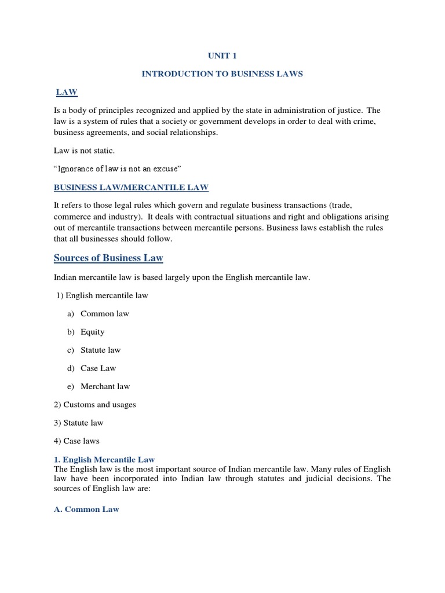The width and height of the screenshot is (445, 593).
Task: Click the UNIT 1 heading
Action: (x=222, y=56)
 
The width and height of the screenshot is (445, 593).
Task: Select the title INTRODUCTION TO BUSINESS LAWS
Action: (x=222, y=75)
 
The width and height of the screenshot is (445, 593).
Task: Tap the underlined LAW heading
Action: (x=67, y=92)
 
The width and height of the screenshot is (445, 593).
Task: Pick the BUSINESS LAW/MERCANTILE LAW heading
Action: (x=131, y=187)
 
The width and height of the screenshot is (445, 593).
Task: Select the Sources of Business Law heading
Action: (x=108, y=258)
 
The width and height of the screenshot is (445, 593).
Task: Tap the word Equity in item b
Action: (x=93, y=332)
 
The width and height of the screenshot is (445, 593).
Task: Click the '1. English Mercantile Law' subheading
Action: (x=104, y=459)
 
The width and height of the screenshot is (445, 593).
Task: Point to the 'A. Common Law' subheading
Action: (x=86, y=509)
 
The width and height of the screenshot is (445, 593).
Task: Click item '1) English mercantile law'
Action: (x=102, y=295)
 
